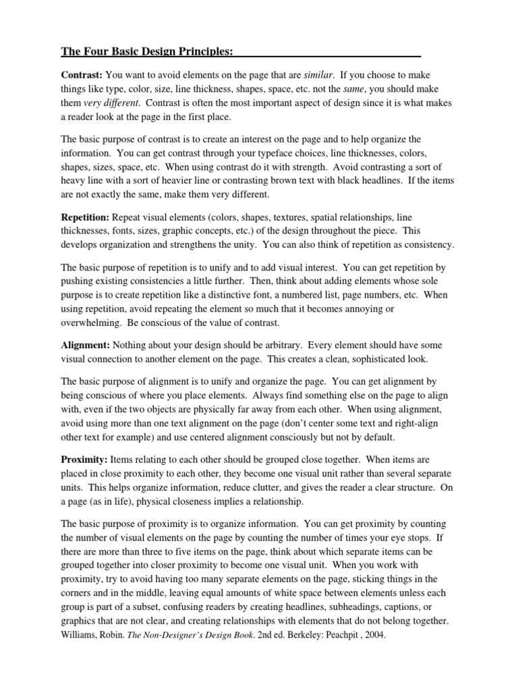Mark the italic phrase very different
coord(111,104)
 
